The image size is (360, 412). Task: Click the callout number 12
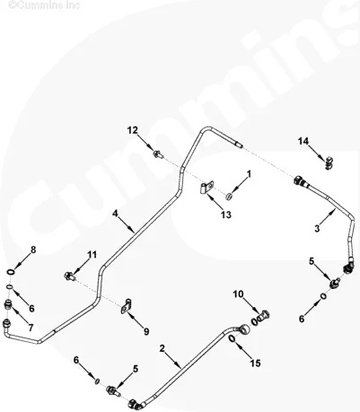(x=133, y=130)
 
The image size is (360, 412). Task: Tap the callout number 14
(x=303, y=141)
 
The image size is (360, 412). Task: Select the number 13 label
(x=226, y=215)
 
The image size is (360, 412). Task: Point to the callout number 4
(x=115, y=214)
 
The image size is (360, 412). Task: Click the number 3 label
(x=317, y=229)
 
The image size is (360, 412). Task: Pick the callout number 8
(x=33, y=250)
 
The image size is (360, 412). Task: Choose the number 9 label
(x=146, y=331)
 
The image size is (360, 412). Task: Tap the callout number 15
(x=255, y=364)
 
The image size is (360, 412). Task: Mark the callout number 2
(x=162, y=348)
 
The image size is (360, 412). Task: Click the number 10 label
(x=239, y=294)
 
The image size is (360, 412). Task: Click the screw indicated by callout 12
(x=158, y=154)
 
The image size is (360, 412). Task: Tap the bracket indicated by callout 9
(x=127, y=306)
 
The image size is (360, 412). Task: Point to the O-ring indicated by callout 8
(x=11, y=272)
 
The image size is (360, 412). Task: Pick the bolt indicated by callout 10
(x=263, y=316)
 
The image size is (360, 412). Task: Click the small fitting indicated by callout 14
(x=329, y=162)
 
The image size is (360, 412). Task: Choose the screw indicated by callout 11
(x=69, y=276)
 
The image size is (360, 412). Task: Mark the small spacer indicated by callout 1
(x=229, y=196)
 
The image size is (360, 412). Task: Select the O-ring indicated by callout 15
(x=233, y=338)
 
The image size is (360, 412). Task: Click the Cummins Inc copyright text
(x=44, y=4)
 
